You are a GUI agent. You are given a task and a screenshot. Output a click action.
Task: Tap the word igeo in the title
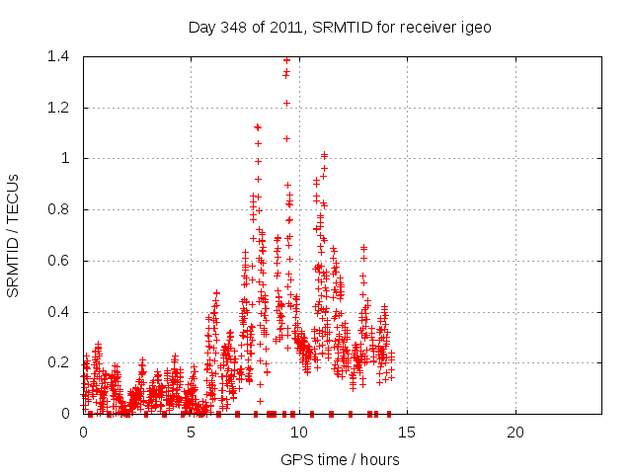(x=473, y=27)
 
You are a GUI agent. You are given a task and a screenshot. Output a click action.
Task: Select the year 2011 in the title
(x=289, y=27)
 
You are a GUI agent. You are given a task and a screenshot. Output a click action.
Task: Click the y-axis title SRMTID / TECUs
(x=14, y=235)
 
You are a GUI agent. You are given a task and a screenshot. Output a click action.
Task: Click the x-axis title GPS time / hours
(x=340, y=459)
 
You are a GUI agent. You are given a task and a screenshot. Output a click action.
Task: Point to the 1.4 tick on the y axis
(x=59, y=56)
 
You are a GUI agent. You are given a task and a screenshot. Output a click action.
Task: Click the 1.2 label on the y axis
(x=59, y=108)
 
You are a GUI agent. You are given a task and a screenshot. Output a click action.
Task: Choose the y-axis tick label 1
(x=65, y=158)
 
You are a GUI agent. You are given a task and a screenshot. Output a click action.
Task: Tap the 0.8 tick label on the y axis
(x=59, y=209)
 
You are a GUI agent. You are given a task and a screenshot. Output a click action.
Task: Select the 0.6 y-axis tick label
(x=59, y=261)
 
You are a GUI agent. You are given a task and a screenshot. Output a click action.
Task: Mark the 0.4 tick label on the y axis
(x=59, y=312)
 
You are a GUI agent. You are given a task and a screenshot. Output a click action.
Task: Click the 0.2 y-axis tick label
(x=59, y=363)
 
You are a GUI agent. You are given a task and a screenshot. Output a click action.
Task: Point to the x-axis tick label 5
(x=191, y=433)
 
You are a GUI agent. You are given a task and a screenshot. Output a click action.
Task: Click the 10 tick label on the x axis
(x=298, y=433)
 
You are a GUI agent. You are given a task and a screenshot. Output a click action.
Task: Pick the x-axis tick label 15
(x=407, y=433)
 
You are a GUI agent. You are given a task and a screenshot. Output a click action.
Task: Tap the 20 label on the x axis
(x=514, y=433)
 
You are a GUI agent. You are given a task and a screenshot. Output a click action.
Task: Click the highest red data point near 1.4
(x=286, y=60)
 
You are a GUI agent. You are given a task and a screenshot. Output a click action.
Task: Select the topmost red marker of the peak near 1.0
(x=324, y=155)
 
